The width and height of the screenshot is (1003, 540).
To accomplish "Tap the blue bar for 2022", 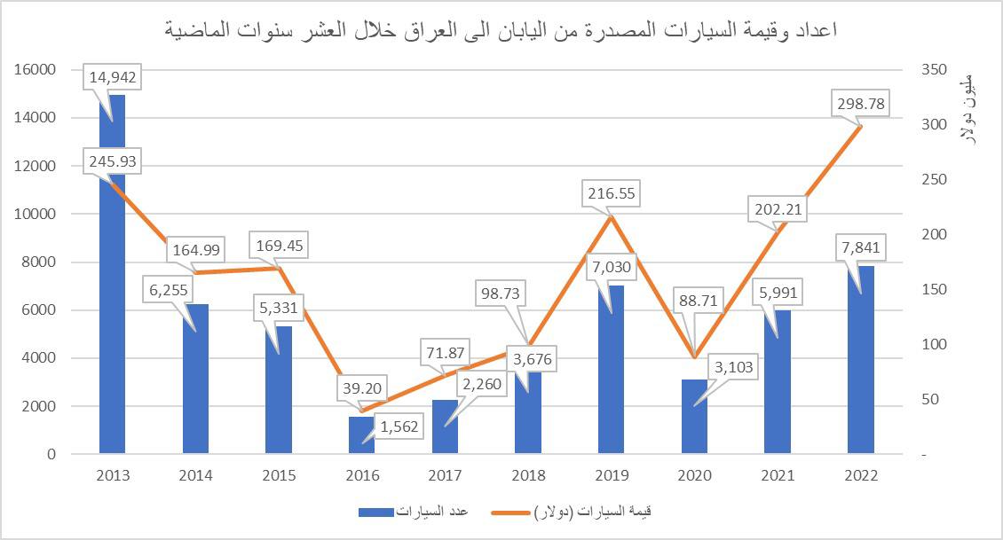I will click(861, 372).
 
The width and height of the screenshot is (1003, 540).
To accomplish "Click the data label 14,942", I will click(112, 77).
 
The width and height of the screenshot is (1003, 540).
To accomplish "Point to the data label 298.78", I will click(861, 105).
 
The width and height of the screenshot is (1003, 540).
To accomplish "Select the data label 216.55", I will click(611, 193).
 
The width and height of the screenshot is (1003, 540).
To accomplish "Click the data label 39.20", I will click(362, 388).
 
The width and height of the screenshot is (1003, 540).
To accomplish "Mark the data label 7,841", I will click(861, 247).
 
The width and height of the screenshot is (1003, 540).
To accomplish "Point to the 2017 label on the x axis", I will click(445, 475).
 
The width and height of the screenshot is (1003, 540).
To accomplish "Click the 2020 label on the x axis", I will click(695, 475).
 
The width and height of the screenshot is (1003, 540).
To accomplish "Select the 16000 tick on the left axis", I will click(36, 69).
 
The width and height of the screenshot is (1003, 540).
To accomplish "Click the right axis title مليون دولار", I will click(968, 107).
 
